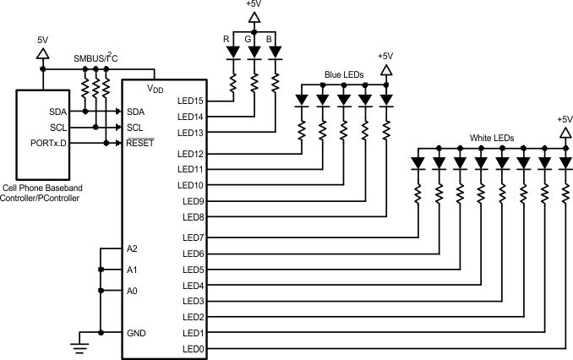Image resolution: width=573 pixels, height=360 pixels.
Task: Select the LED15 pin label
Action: (190, 101)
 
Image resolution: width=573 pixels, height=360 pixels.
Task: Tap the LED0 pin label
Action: (192, 349)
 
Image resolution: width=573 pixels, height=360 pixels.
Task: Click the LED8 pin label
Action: (192, 217)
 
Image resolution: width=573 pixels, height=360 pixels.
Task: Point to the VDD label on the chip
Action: (156, 88)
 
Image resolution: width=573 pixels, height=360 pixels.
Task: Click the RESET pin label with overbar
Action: (139, 143)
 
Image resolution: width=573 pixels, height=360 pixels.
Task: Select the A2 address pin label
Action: (133, 248)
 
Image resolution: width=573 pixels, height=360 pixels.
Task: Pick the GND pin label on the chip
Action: (136, 333)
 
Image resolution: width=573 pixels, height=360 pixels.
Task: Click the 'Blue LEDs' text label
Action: (344, 75)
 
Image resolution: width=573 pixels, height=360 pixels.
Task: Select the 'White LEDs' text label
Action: (491, 137)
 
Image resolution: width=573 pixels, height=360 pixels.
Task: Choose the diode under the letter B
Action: (276, 52)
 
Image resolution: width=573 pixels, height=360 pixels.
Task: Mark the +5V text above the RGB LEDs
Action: (254, 6)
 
